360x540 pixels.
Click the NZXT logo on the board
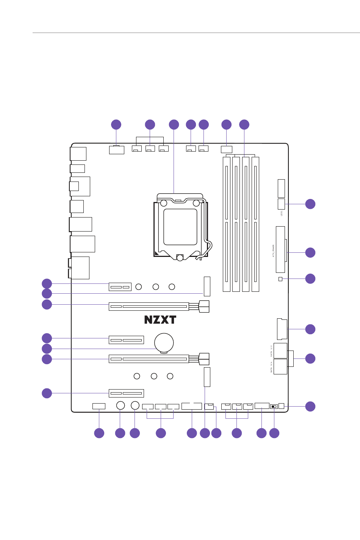[160, 320]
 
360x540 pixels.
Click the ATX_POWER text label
[274, 250]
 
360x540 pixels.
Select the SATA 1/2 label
[271, 351]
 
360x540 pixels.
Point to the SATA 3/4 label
[271, 367]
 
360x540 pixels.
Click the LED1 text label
[282, 213]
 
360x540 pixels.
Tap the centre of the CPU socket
[180, 227]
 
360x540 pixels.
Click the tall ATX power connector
[280, 249]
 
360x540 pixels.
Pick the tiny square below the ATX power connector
[280, 279]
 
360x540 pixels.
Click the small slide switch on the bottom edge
[274, 407]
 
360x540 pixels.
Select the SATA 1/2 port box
[280, 351]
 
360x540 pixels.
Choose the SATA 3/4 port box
[280, 366]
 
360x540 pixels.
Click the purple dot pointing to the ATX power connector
[310, 252]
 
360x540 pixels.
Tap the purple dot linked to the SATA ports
[310, 358]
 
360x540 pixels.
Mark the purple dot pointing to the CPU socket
[174, 124]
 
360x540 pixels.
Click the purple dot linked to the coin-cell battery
[47, 349]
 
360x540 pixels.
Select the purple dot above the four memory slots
[244, 124]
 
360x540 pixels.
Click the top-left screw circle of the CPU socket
[164, 203]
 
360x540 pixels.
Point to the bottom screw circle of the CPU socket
[180, 257]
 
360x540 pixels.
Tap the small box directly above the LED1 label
[281, 204]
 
